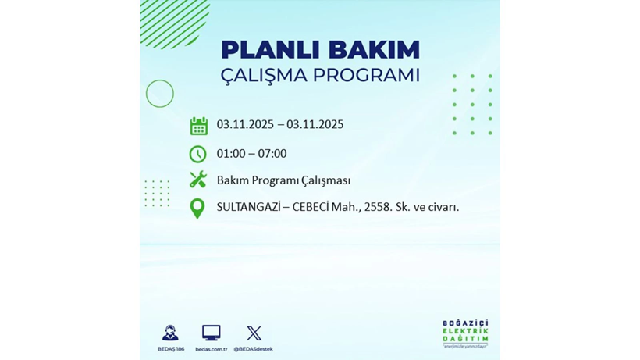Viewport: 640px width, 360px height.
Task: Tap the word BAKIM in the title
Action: click(x=372, y=50)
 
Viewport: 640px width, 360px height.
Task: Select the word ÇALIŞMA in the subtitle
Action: click(x=263, y=76)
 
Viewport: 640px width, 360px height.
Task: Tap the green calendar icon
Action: click(x=198, y=126)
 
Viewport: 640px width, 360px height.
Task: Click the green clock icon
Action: click(x=198, y=154)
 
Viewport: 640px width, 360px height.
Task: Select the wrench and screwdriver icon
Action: click(x=198, y=180)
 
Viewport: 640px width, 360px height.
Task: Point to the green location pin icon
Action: click(x=197, y=208)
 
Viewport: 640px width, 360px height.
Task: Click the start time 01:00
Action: click(x=232, y=154)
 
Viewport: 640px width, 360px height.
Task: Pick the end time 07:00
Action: click(x=272, y=154)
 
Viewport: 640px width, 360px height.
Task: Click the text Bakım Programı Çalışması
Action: click(x=283, y=180)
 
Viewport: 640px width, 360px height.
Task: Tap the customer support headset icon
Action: click(x=169, y=333)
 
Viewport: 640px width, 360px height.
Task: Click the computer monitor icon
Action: click(x=211, y=333)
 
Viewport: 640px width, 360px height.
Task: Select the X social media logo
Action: click(x=254, y=333)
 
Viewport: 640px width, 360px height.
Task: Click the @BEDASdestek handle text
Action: click(x=254, y=349)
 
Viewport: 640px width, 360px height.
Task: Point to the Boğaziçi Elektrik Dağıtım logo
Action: click(x=465, y=334)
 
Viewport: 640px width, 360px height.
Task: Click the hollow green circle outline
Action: click(x=160, y=94)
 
